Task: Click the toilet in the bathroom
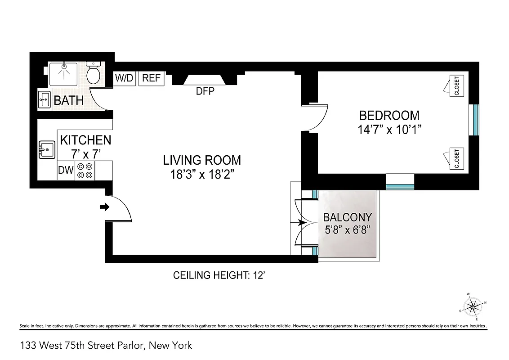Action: [94, 75]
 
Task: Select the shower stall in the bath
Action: [65, 74]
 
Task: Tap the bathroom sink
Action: [45, 99]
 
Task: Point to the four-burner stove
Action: [85, 171]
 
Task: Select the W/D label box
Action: [124, 78]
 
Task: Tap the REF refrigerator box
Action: [151, 78]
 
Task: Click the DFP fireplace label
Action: [205, 91]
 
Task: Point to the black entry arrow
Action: [104, 207]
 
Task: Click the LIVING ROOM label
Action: [202, 160]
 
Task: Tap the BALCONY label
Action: [347, 217]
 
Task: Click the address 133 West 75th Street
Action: [106, 346]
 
